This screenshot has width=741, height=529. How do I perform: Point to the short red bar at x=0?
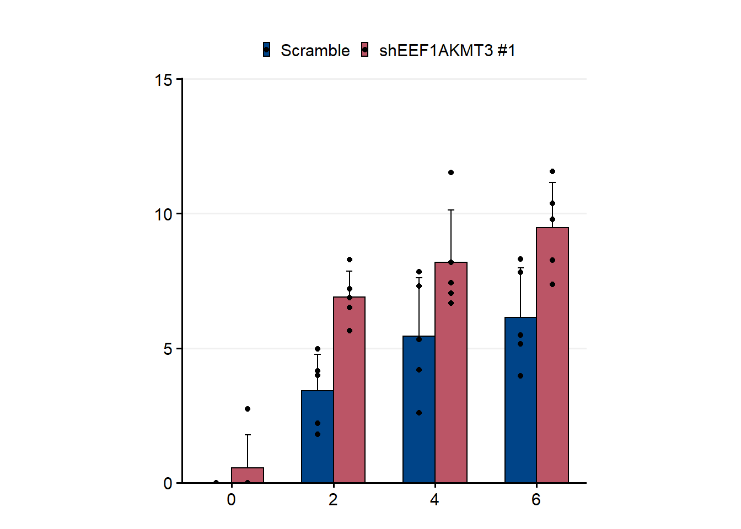[x=248, y=475]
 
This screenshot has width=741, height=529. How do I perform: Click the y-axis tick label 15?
[x=164, y=80]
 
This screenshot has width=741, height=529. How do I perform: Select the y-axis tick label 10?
[x=164, y=214]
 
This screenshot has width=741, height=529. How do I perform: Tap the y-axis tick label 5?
[x=168, y=349]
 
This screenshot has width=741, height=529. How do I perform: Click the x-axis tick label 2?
[x=333, y=500]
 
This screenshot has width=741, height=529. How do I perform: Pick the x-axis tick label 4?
[x=434, y=500]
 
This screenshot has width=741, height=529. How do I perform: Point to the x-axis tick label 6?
[x=536, y=500]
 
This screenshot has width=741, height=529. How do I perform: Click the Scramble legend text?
[x=315, y=51]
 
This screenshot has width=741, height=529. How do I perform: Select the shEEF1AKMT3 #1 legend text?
[x=447, y=51]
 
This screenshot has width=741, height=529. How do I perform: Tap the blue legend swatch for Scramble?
[x=266, y=50]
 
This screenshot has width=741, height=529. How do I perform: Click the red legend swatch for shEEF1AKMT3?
[x=364, y=50]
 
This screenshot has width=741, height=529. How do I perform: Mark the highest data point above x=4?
[x=451, y=172]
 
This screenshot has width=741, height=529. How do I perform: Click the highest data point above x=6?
[x=552, y=171]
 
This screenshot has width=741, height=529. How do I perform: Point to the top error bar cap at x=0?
[x=248, y=435]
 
